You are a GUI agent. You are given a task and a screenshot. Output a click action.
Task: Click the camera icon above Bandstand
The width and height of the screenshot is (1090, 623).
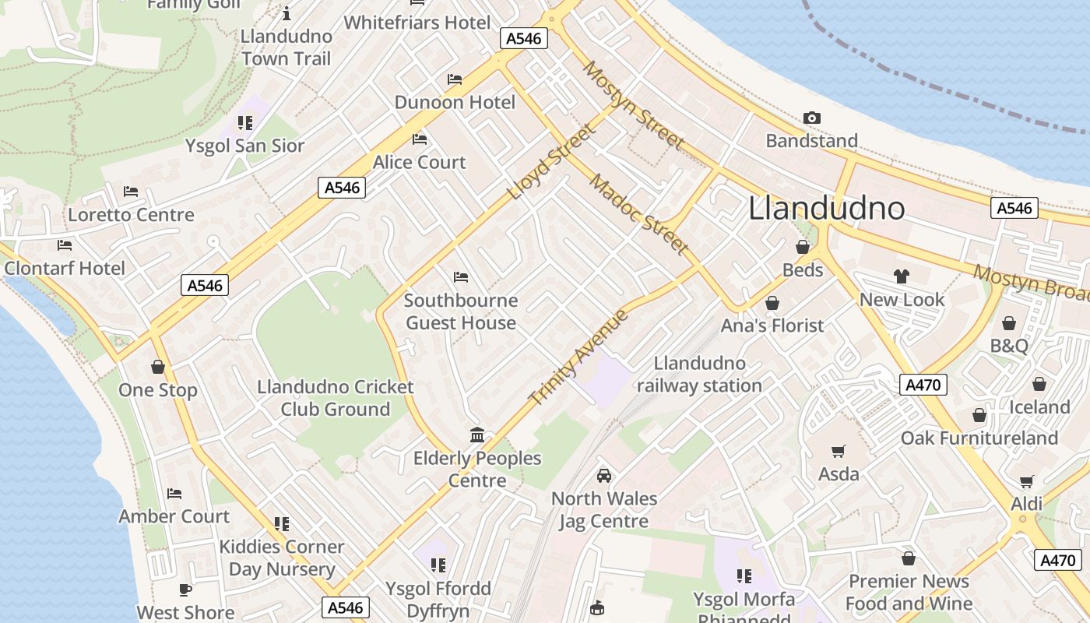811,118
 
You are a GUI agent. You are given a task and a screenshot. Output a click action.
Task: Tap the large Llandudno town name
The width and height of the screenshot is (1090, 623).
827,208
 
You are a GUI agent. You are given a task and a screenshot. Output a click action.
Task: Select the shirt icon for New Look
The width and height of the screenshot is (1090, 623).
902,276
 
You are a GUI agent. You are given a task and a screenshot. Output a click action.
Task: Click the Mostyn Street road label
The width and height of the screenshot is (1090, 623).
633,106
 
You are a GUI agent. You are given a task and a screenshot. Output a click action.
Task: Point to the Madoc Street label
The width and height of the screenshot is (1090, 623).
638,214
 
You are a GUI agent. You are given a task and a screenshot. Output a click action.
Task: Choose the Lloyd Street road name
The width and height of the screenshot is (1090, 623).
551,161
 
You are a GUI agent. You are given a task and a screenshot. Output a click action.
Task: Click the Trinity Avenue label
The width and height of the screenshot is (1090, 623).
578,357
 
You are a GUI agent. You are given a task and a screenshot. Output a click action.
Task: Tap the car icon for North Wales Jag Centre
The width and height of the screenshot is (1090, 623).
603,475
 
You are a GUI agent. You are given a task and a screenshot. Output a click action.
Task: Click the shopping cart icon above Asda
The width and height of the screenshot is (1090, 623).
839,451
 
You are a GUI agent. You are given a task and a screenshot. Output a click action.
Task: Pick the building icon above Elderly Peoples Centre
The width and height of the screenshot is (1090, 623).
477,435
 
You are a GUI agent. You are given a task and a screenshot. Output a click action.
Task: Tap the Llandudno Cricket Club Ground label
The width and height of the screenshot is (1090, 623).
336,398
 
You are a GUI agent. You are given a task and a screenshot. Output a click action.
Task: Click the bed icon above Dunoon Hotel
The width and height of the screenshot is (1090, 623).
455,79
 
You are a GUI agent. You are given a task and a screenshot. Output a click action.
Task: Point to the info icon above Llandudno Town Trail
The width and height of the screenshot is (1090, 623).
287,13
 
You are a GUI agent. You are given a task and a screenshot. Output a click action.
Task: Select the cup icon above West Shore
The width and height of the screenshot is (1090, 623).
185,590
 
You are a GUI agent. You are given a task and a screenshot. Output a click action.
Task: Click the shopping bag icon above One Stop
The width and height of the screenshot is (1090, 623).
158,367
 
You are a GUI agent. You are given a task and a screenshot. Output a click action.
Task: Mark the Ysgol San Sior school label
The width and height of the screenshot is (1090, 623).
244,146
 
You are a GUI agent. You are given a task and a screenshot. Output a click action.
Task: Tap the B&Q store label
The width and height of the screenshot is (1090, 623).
1009,346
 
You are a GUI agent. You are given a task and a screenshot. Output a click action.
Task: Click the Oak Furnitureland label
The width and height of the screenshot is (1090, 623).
979,438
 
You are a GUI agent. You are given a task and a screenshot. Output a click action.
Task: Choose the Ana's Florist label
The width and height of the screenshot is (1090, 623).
772,325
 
